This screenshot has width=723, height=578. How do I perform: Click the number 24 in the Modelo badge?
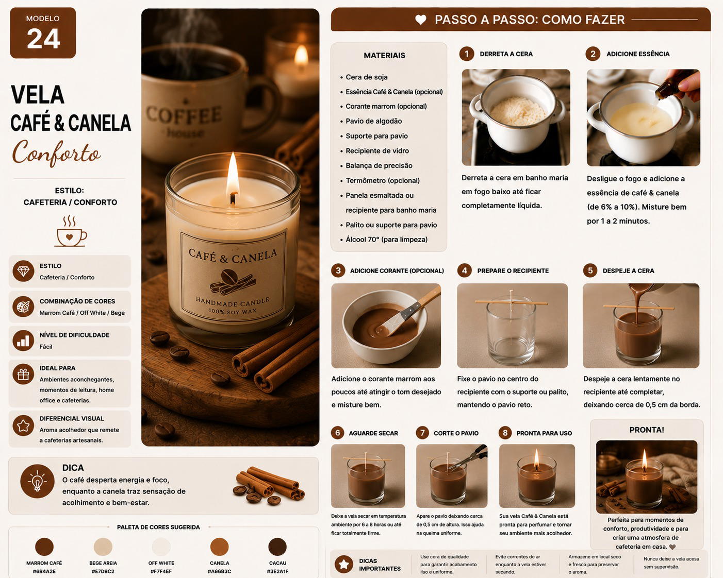click(43, 39)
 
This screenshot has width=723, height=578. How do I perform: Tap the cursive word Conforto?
click(56, 152)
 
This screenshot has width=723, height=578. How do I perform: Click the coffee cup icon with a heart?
click(70, 231)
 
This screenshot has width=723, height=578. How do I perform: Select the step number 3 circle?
click(338, 270)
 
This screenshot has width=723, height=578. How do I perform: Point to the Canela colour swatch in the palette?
click(219, 547)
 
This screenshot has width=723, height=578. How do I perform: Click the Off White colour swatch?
click(161, 547)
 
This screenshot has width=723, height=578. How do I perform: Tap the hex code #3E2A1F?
click(277, 571)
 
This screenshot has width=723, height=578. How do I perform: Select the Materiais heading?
click(384, 56)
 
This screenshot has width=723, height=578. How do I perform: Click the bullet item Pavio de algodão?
click(373, 121)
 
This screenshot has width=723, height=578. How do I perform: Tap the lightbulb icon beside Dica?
click(37, 481)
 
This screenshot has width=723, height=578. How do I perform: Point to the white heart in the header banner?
click(421, 20)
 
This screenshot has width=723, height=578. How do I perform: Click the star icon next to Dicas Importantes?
click(343, 564)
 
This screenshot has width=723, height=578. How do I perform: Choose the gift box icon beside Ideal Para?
click(23, 374)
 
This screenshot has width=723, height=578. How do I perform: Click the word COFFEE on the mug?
click(184, 114)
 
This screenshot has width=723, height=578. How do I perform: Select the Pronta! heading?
click(647, 430)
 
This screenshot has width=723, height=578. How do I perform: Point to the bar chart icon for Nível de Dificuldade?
click(23, 341)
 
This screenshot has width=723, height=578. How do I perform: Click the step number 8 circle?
click(505, 433)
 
